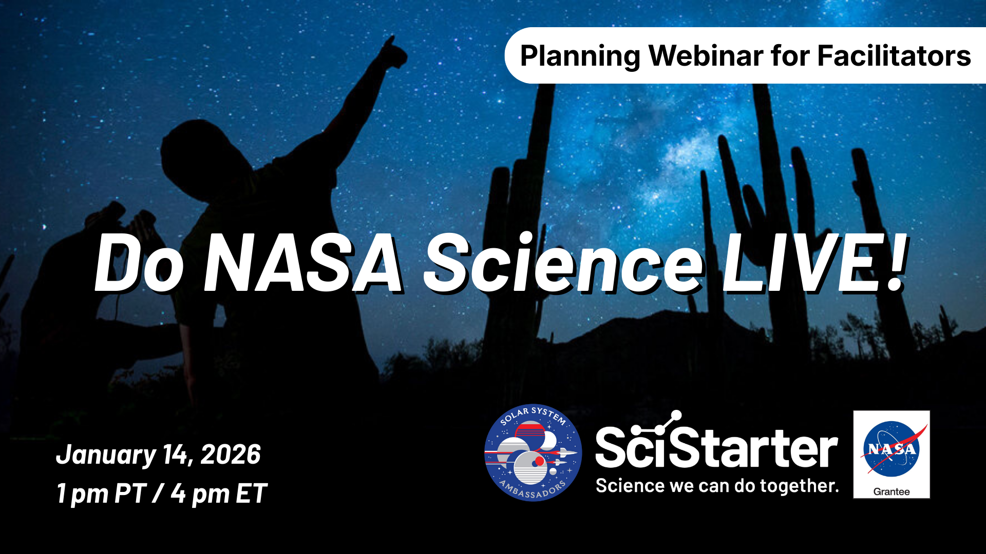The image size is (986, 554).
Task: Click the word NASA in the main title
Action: click(x=303, y=263)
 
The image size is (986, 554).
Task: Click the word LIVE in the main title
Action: click(x=794, y=263)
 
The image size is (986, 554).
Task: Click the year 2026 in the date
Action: click(x=231, y=454)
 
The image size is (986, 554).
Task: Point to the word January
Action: click(x=106, y=455)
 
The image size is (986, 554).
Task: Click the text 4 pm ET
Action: click(x=219, y=494)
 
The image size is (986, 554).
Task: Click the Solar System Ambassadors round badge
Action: click(x=533, y=452)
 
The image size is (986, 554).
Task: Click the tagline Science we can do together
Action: click(x=717, y=485)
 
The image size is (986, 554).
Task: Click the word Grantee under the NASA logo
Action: click(x=892, y=491)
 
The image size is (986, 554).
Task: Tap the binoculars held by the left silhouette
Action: click(x=131, y=215)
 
